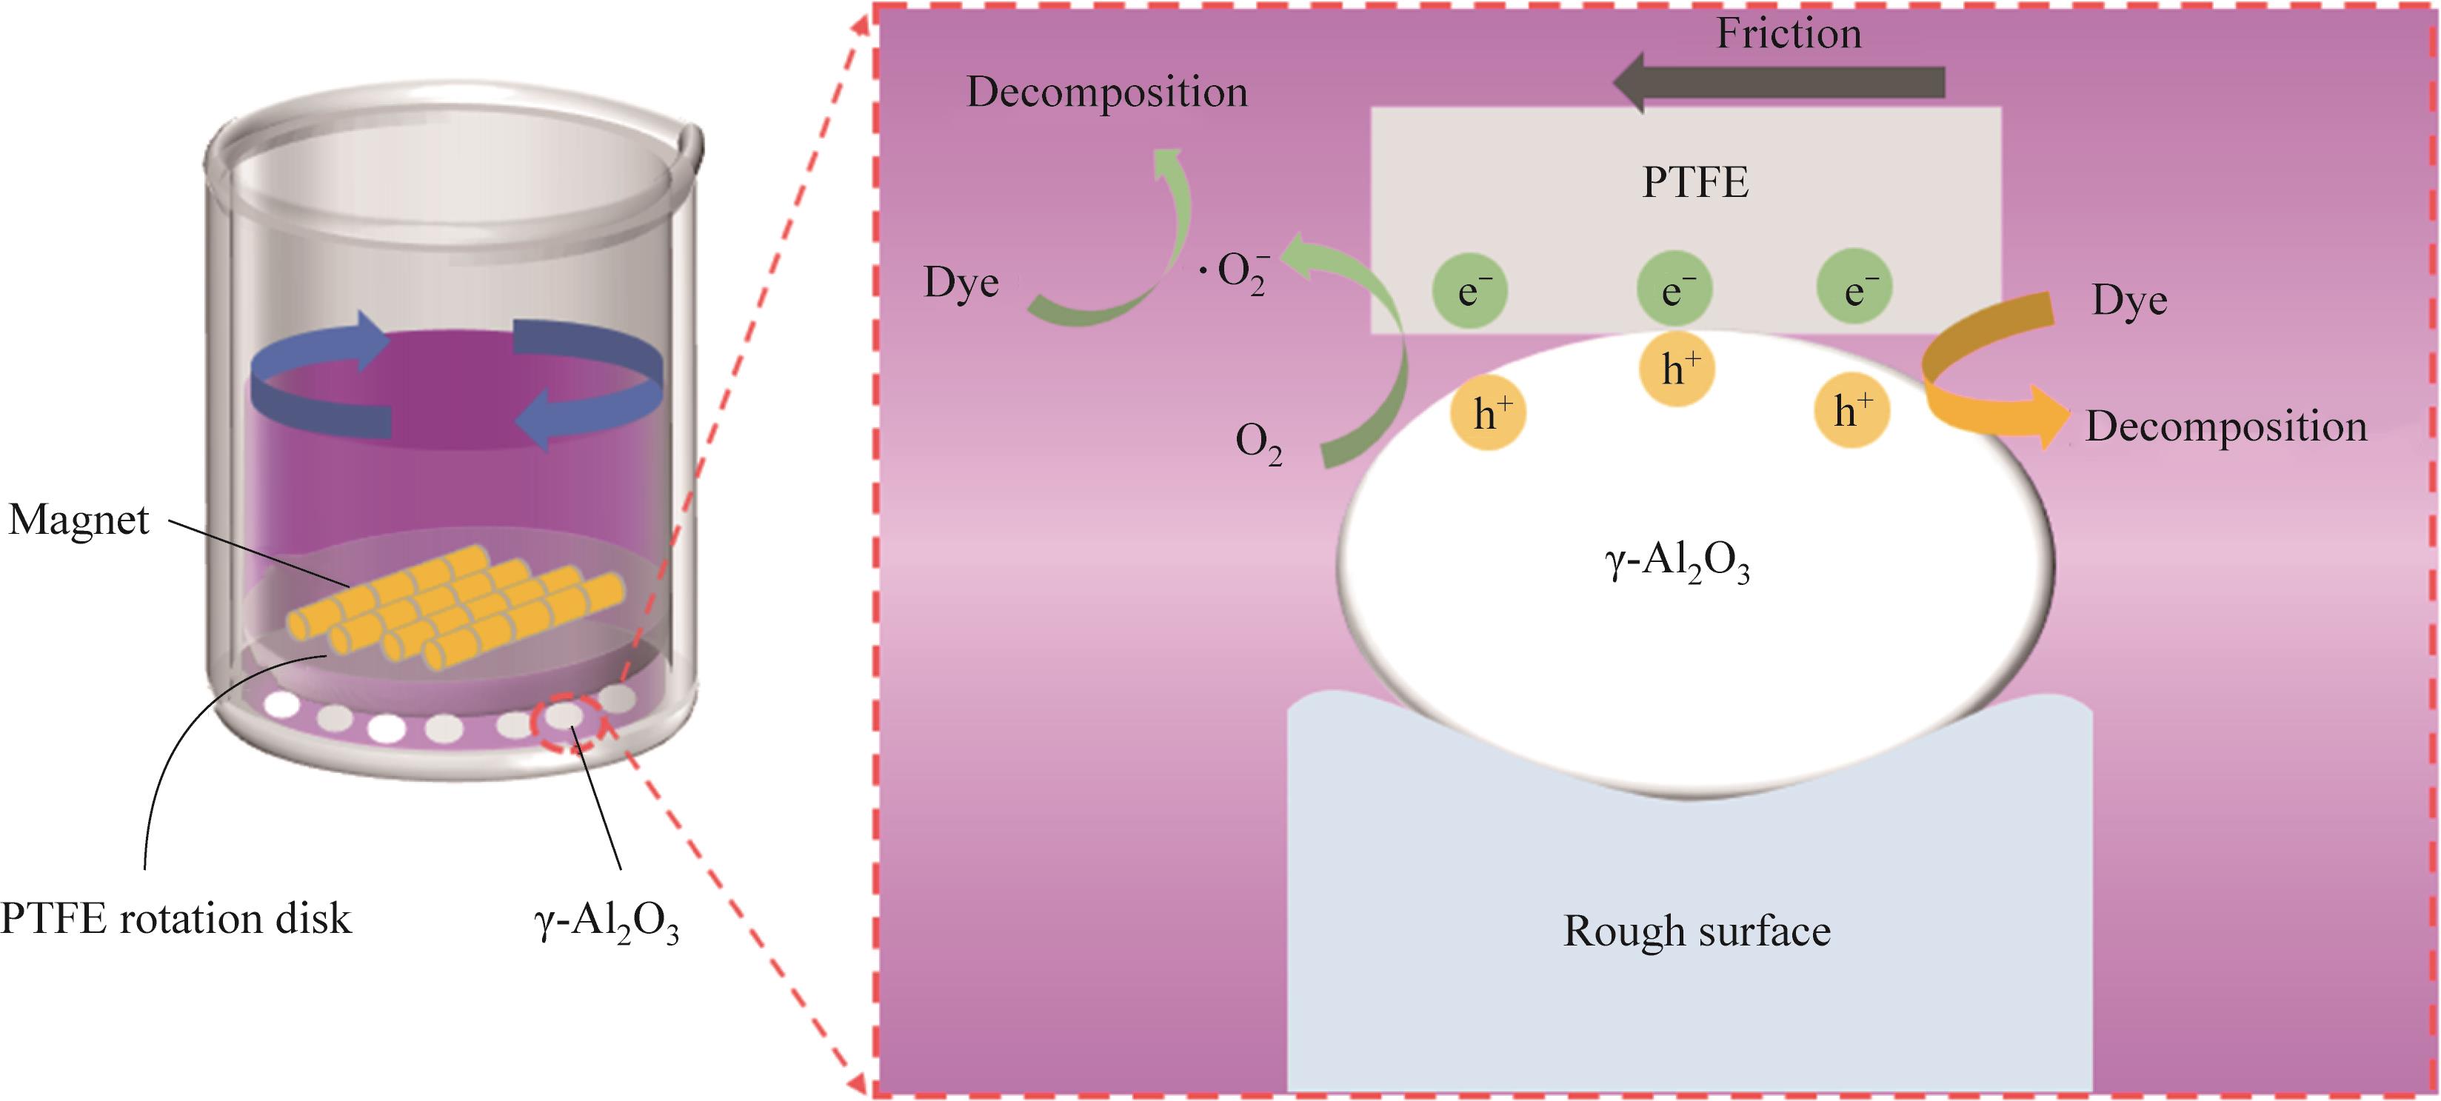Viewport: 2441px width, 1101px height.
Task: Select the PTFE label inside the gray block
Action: (x=1694, y=183)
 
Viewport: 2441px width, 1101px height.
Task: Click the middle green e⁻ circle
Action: (x=1674, y=289)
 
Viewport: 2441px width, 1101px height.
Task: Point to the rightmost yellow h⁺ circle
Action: (x=1851, y=411)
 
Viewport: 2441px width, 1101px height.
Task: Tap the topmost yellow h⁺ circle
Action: (x=1677, y=369)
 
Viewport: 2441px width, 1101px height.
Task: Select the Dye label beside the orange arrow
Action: (x=2129, y=301)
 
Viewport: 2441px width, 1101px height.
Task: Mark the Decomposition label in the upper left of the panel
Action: (x=1106, y=93)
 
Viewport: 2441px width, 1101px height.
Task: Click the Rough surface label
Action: (x=1696, y=931)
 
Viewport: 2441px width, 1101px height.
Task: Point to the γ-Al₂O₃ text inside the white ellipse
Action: (x=1676, y=563)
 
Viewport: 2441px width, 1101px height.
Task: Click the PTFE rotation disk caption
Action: (x=176, y=919)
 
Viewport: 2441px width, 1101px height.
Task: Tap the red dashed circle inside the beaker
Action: (x=566, y=722)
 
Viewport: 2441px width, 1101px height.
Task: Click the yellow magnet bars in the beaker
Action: (x=455, y=606)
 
